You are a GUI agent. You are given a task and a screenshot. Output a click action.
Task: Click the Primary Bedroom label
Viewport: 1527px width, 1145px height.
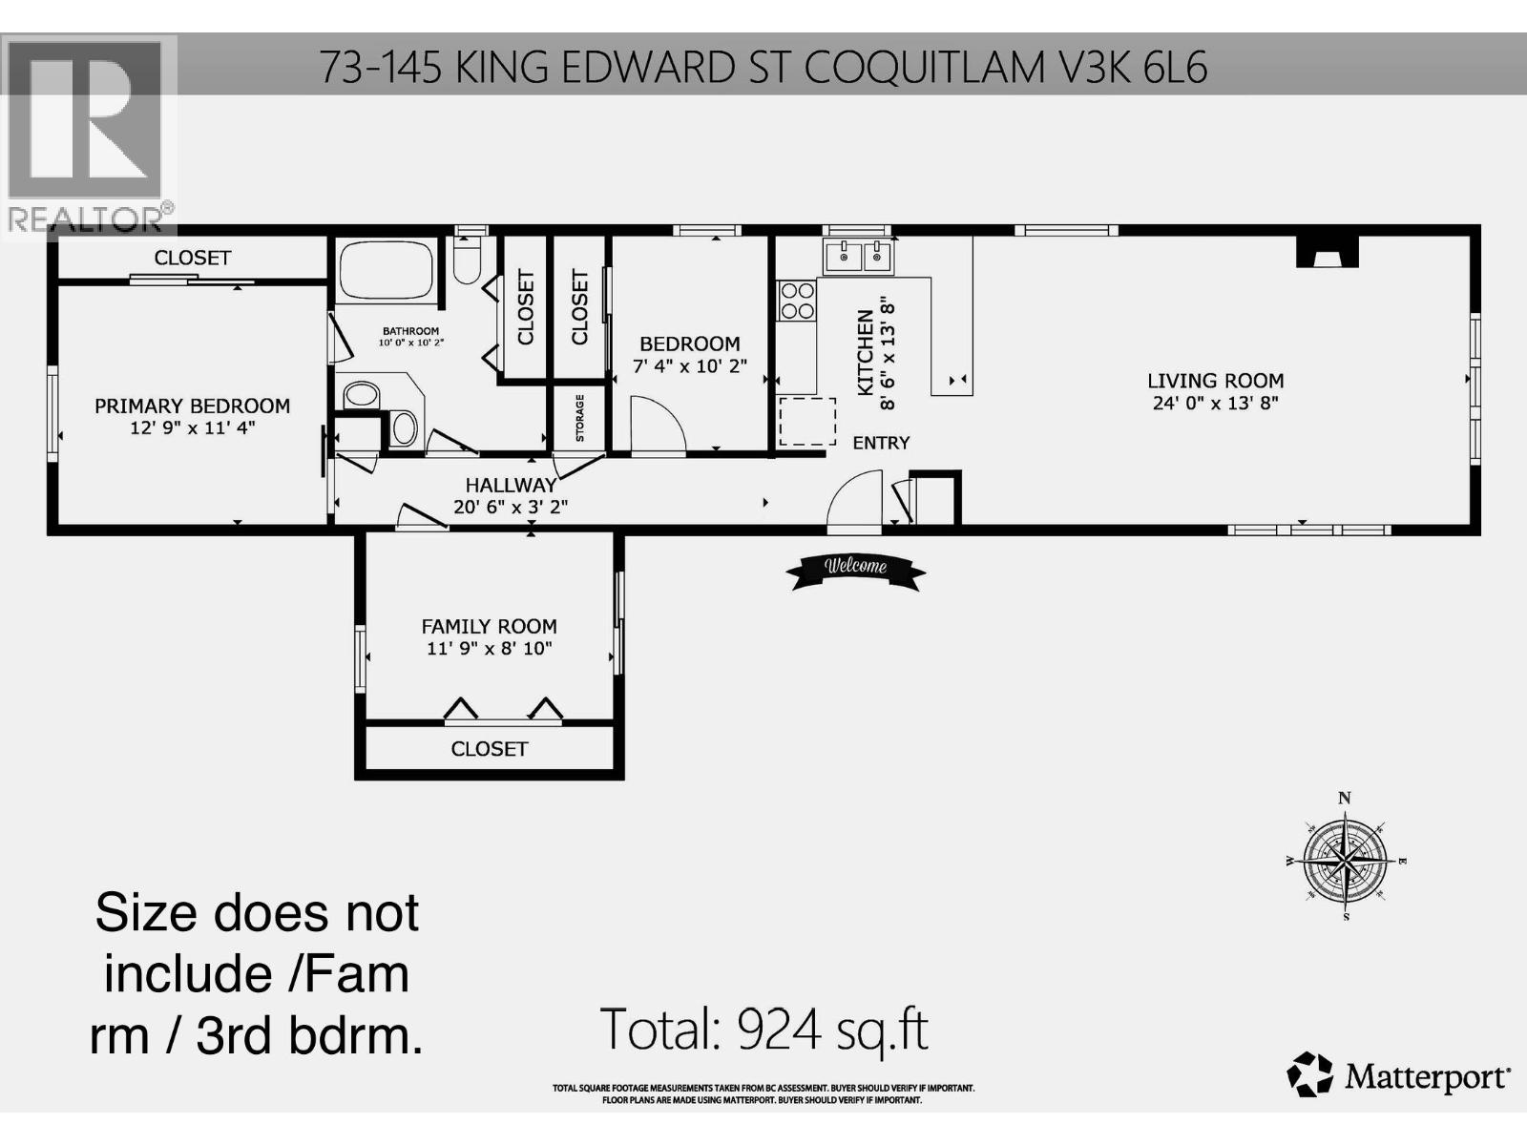tap(192, 406)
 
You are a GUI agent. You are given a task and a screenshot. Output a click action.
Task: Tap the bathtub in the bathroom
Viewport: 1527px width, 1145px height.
tap(386, 271)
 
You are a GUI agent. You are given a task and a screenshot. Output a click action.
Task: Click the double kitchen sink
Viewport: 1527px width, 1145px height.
tap(857, 257)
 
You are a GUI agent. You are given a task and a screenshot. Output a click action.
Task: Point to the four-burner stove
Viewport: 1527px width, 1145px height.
tap(797, 300)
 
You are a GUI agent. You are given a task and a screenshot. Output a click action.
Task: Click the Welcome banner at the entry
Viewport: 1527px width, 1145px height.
tap(855, 569)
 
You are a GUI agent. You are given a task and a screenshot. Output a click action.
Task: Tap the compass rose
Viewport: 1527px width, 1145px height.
tap(1346, 860)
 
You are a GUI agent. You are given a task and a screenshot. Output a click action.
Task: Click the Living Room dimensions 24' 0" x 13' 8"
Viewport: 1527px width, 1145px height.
tap(1215, 403)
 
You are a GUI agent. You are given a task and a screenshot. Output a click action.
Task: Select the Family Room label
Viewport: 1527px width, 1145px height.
tap(489, 627)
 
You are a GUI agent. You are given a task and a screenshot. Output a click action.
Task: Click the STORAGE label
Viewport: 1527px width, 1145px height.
tap(579, 418)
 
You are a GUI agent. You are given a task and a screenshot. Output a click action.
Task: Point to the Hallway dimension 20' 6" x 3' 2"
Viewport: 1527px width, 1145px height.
tap(510, 507)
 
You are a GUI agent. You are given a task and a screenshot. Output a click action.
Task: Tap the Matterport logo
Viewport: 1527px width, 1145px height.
tap(1399, 1076)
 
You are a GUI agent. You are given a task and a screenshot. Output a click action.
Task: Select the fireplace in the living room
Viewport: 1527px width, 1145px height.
tap(1327, 252)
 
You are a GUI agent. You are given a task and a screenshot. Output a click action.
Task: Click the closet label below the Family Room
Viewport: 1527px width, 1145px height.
tap(489, 749)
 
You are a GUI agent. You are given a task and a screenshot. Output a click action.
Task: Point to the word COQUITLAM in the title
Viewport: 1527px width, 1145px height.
tap(925, 67)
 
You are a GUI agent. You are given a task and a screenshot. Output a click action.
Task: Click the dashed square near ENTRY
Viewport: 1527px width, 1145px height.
tap(807, 422)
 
